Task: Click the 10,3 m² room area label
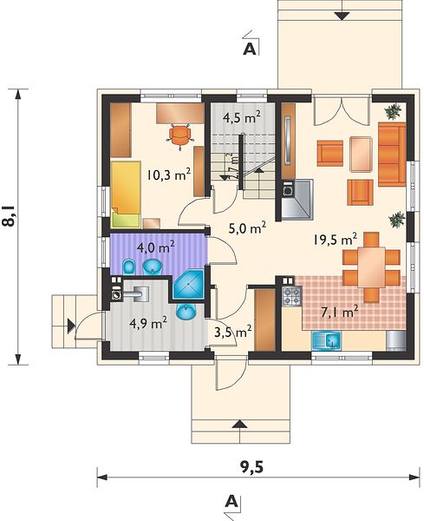[169, 175]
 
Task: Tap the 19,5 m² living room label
[335, 239]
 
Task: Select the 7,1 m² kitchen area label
[340, 312]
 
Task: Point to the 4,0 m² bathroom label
[157, 247]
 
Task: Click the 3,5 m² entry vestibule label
[232, 332]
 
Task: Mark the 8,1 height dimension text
[9, 216]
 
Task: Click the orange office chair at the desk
[180, 136]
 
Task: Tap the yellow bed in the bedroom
[126, 195]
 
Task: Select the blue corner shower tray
[188, 284]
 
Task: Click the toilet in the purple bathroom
[128, 267]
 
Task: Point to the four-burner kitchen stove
[291, 297]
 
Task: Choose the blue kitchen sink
[326, 340]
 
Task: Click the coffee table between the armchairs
[361, 155]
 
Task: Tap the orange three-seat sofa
[392, 155]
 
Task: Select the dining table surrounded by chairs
[371, 267]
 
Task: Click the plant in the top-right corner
[394, 111]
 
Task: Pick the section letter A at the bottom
[232, 501]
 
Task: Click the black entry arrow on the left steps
[71, 326]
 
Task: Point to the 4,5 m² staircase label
[242, 118]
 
